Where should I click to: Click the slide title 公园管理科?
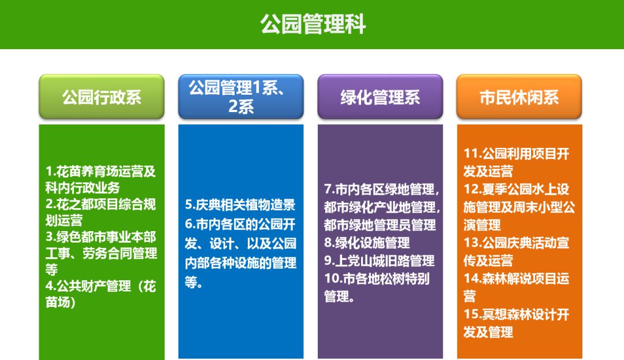pyautogui.click(x=312, y=25)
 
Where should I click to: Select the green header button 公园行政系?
pyautogui.click(x=102, y=97)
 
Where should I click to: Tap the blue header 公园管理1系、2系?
pyautogui.click(x=241, y=97)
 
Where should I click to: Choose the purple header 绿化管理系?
pyautogui.click(x=380, y=97)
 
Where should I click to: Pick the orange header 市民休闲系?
pyautogui.click(x=519, y=97)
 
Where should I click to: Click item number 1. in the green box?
pyautogui.click(x=50, y=172)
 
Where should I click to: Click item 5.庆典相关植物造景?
pyautogui.click(x=240, y=205)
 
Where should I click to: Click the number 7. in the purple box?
pyautogui.click(x=329, y=189)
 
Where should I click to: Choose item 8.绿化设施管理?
pyautogui.click(x=367, y=243)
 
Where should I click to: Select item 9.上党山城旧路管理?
pyautogui.click(x=379, y=261)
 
